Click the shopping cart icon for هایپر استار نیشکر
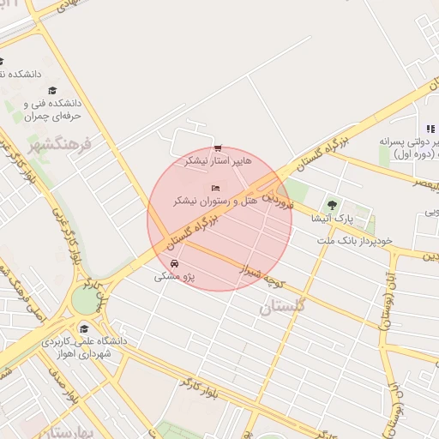pyautogui.click(x=219, y=147)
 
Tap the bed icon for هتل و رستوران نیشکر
pyautogui.click(x=214, y=188)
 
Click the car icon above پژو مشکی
pyautogui.click(x=175, y=263)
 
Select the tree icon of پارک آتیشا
pyautogui.click(x=332, y=205)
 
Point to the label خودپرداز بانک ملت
pyautogui.click(x=354, y=241)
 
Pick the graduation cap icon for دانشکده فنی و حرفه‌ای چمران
pyautogui.click(x=52, y=90)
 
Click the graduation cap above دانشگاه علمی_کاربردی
pyautogui.click(x=83, y=328)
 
